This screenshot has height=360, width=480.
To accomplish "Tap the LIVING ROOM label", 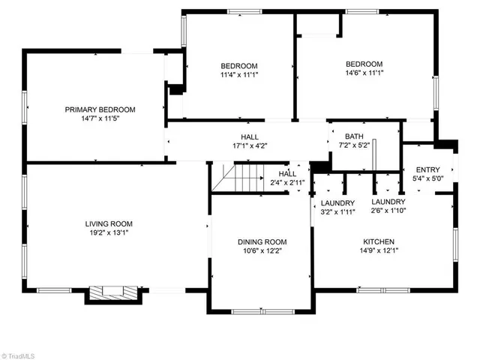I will [108, 223].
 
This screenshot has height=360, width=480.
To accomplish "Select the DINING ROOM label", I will [262, 241].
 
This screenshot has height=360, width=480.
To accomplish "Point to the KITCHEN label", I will [379, 241].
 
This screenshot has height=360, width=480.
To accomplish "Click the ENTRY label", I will [427, 169].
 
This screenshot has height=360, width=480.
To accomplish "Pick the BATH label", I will [354, 136].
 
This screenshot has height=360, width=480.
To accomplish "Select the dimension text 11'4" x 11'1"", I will [238, 75].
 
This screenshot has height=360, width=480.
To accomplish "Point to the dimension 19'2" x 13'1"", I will [108, 233].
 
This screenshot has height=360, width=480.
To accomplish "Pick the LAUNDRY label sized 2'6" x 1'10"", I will [388, 202].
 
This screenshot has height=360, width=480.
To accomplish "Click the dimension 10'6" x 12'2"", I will [262, 251].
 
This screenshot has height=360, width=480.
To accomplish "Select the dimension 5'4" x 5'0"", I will [427, 179].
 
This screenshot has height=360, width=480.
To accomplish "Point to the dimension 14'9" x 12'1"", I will [379, 251].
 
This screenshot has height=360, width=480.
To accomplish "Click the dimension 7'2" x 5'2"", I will [354, 146].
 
